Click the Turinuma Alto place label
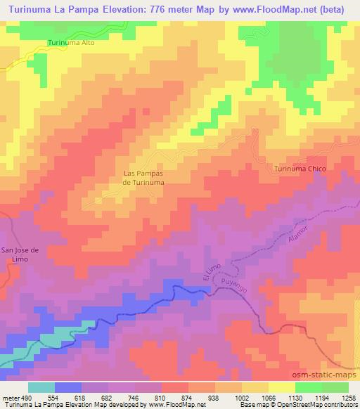click(71, 43)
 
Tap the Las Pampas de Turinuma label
click(143, 177)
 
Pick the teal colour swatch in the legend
click(42, 387)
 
